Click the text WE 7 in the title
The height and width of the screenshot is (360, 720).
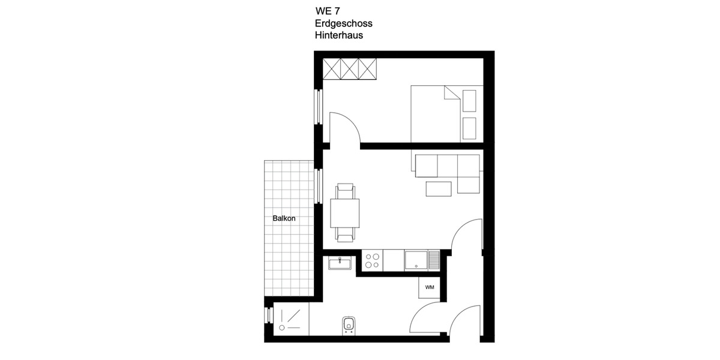click(x=328, y=11)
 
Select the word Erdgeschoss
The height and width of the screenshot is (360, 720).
click(x=344, y=23)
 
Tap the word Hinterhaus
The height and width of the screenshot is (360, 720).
click(x=339, y=35)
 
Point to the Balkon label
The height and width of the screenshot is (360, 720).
click(x=284, y=219)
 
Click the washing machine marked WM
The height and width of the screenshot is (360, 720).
click(x=430, y=287)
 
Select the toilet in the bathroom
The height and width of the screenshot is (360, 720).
click(x=349, y=325)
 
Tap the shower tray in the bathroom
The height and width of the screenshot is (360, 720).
click(x=291, y=318)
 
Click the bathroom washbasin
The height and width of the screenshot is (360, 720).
click(x=340, y=262)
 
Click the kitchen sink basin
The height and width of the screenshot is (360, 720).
click(x=416, y=260)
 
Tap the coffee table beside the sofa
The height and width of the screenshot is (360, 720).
click(x=439, y=188)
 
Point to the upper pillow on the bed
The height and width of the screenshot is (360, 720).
click(x=469, y=101)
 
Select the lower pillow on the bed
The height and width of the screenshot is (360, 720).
click(x=469, y=127)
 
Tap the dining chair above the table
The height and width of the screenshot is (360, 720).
click(x=345, y=191)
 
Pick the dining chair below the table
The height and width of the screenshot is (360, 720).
click(x=345, y=236)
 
